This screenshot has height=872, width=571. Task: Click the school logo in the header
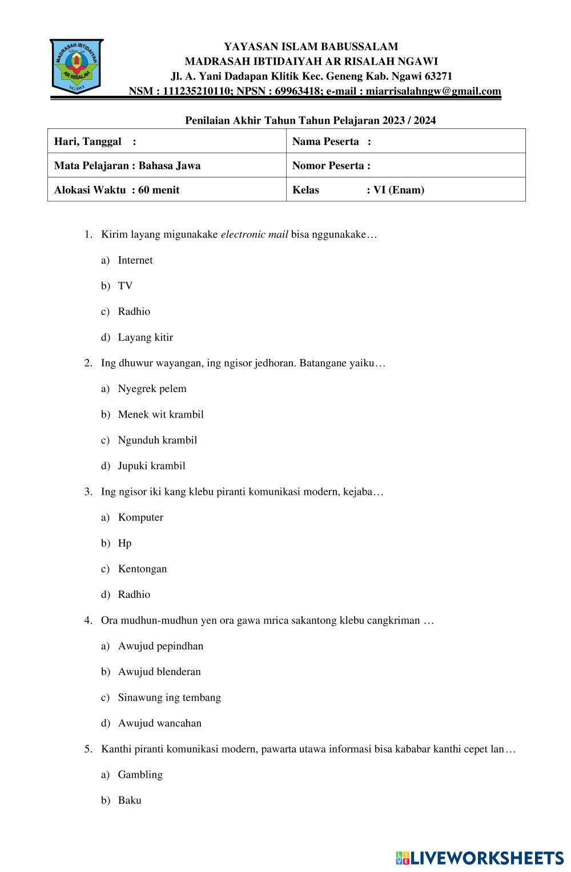tap(76, 66)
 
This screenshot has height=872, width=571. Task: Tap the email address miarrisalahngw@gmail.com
tap(433, 91)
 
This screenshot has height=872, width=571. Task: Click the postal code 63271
tap(437, 76)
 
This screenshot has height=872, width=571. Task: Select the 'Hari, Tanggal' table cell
tap(166, 141)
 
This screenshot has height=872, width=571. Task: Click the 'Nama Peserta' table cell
tap(405, 141)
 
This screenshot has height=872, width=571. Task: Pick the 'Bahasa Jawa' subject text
tap(170, 165)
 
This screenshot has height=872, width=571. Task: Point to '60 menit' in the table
tap(159, 190)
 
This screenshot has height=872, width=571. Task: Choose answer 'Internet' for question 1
tap(135, 260)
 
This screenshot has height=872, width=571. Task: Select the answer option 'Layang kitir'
tap(145, 337)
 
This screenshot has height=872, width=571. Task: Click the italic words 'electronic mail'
tap(254, 235)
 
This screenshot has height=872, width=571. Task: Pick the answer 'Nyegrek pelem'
tap(152, 389)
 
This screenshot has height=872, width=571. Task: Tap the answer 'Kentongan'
tap(142, 569)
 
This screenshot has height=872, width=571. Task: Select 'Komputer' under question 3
tap(140, 518)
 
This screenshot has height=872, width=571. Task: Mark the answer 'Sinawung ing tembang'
tap(169, 697)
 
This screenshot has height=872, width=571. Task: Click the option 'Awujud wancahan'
tap(159, 723)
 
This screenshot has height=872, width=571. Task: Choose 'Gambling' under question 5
tap(140, 774)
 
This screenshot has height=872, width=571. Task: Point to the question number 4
tap(88, 620)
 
